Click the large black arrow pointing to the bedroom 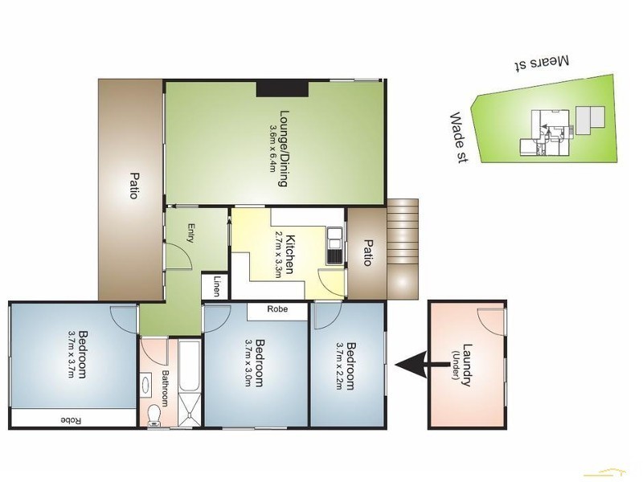pyautogui.click(x=419, y=366)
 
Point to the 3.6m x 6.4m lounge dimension pyautogui.click(x=273, y=149)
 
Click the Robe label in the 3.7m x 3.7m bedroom pyautogui.click(x=72, y=419)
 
